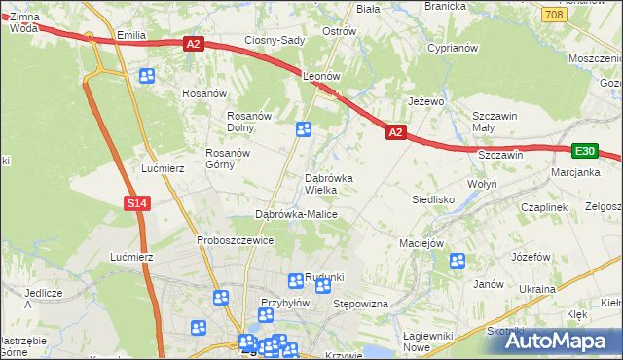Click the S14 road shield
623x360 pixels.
[137, 203]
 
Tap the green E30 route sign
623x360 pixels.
[584, 151]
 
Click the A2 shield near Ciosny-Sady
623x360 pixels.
[193, 43]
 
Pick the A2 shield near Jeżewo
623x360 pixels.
[395, 132]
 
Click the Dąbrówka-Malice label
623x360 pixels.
[296, 214]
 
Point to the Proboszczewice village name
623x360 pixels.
[235, 240]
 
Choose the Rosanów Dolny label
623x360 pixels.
[227, 122]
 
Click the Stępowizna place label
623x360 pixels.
[361, 304]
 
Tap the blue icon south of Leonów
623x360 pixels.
[304, 128]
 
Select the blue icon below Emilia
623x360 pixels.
[147, 76]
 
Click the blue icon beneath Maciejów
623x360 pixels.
[457, 261]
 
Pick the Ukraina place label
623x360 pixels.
[537, 290]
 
